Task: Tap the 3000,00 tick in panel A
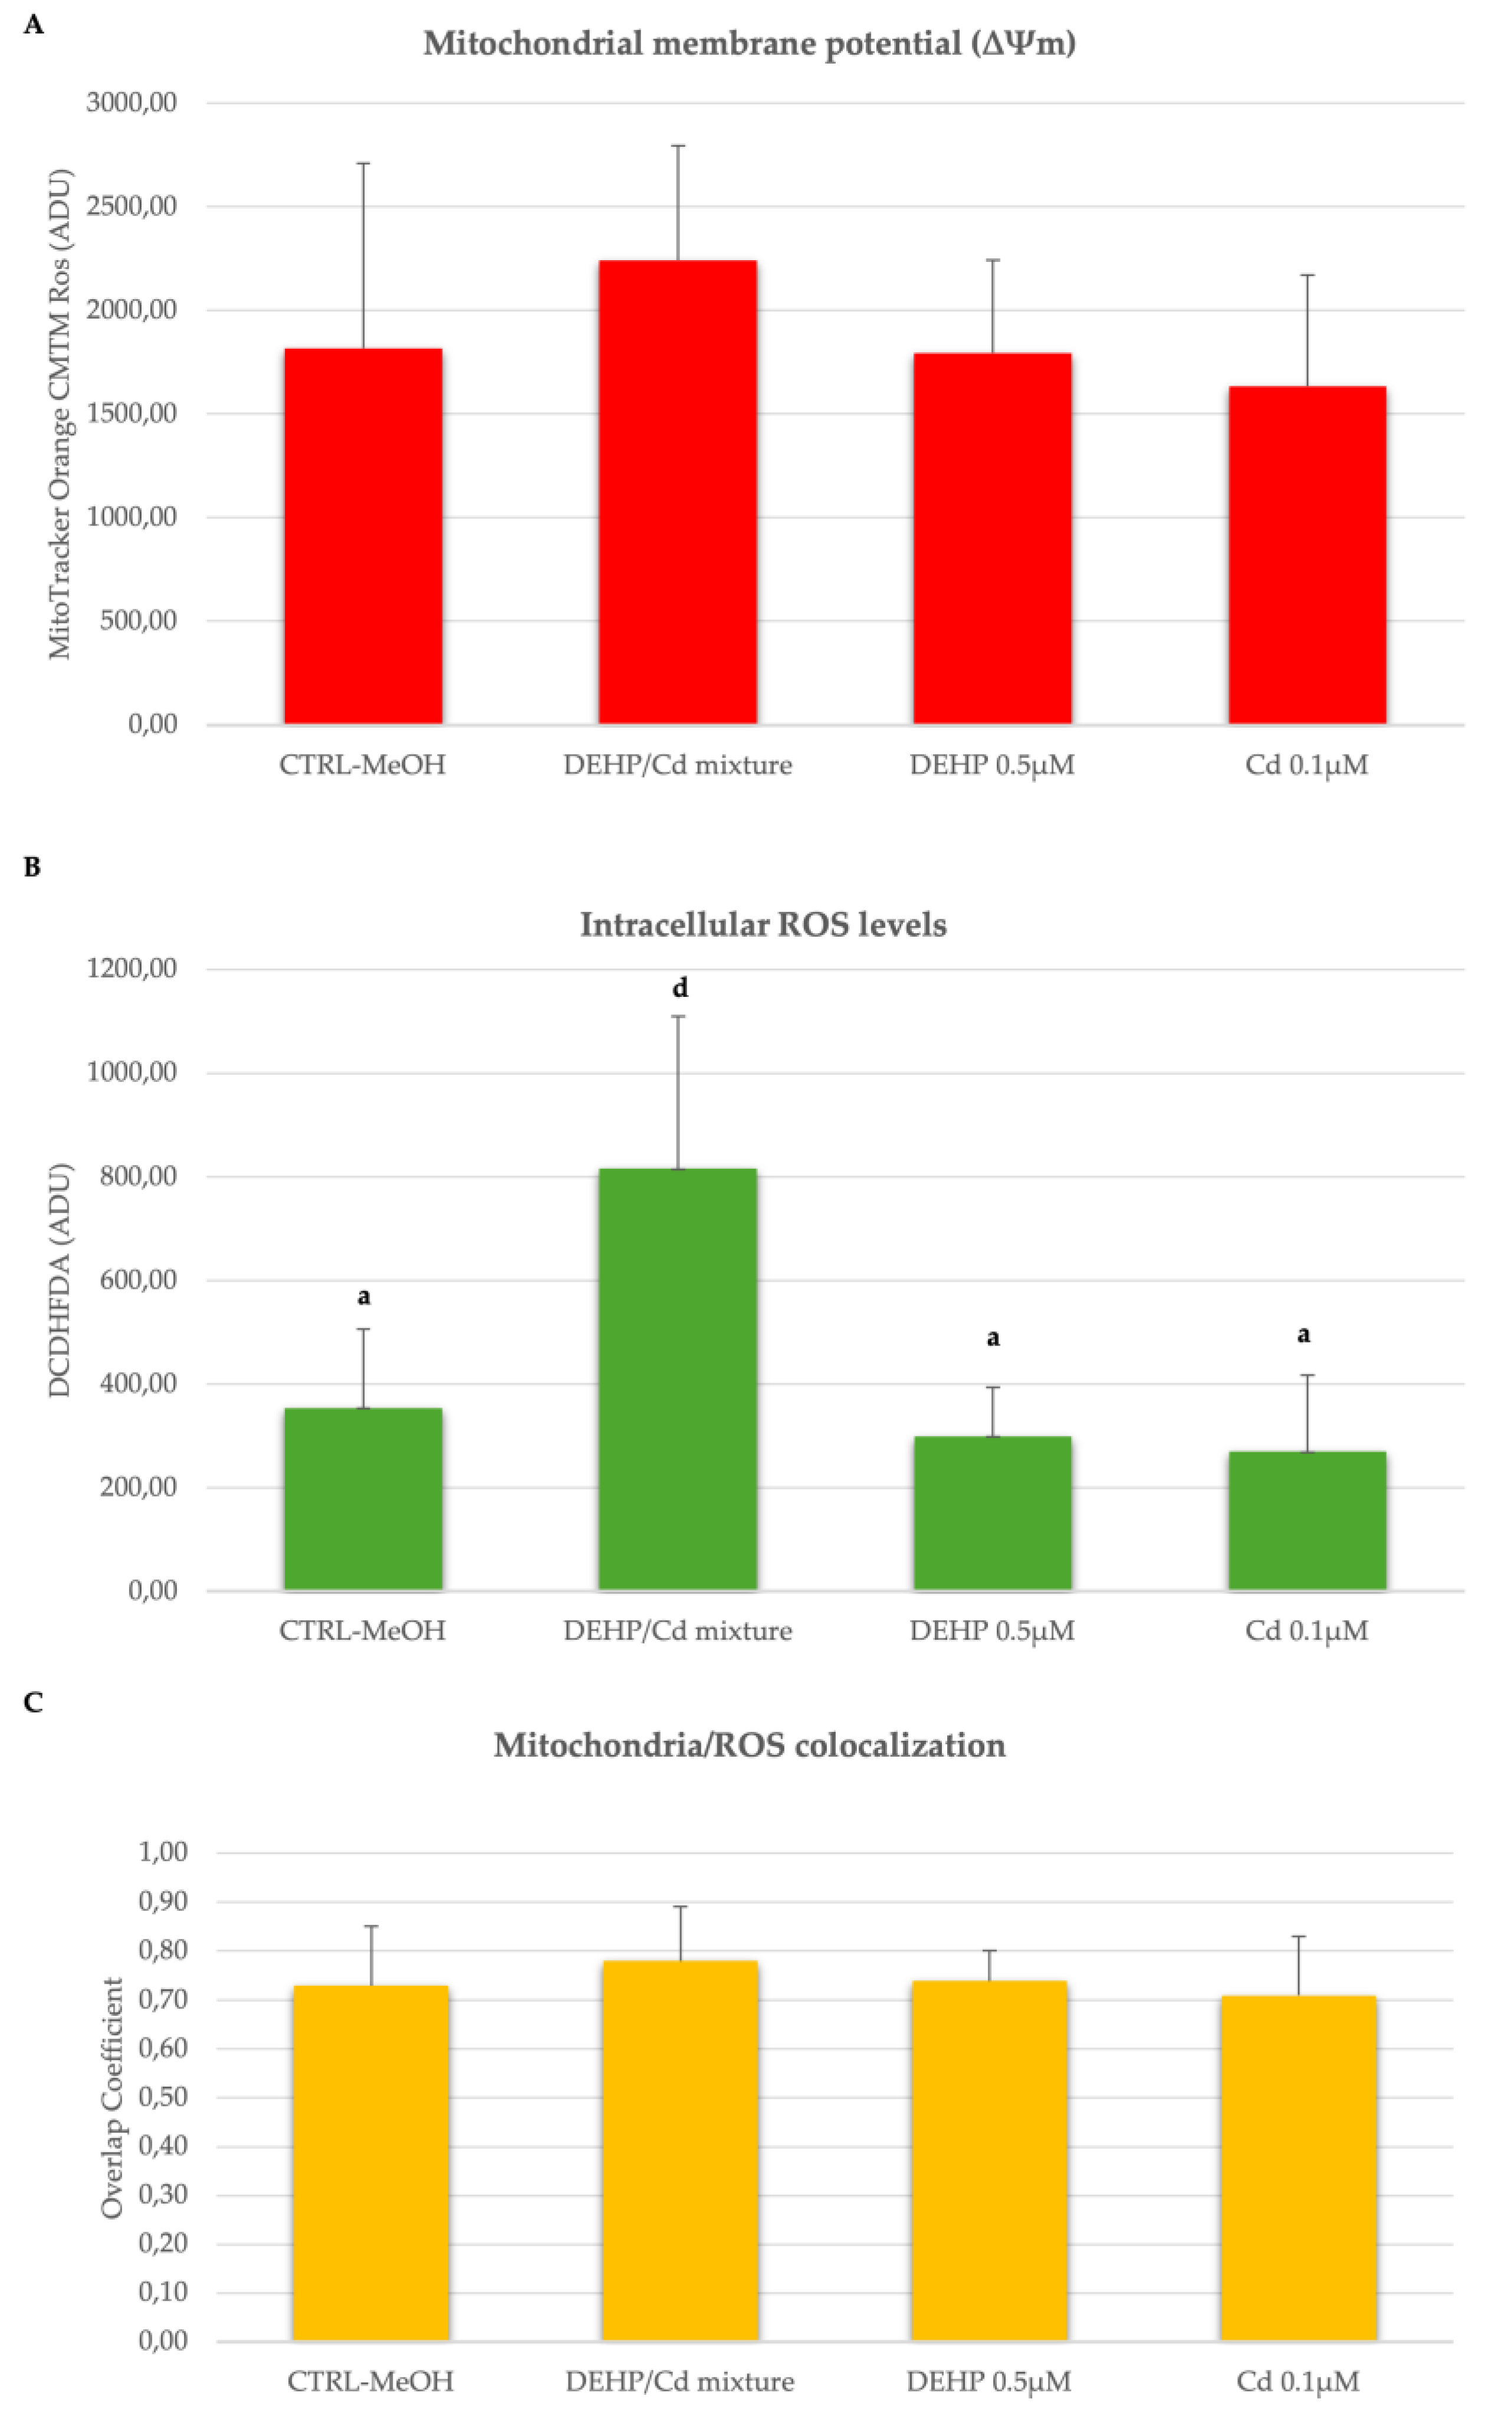tap(131, 103)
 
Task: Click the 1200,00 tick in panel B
tap(131, 969)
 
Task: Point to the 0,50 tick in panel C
tap(162, 2097)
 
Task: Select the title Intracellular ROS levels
tap(763, 925)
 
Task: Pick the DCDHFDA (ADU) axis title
tap(60, 1279)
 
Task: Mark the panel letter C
tap(32, 1702)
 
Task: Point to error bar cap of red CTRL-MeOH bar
tap(363, 163)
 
